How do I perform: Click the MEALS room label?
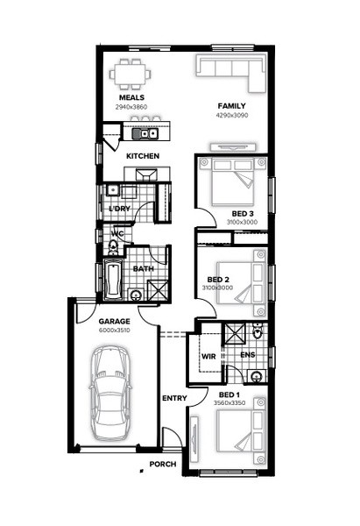131,97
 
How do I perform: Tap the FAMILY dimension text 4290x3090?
232,115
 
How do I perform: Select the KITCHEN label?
143,156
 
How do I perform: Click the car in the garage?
109,394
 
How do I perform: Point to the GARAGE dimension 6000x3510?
114,331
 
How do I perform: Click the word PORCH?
163,465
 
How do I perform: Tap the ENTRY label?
174,398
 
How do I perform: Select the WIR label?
208,356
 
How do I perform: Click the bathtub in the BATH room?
113,279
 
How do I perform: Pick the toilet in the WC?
113,247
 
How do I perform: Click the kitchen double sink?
145,133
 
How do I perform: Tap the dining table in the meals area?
130,74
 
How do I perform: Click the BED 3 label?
243,214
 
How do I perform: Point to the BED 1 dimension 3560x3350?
229,403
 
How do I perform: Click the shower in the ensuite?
234,334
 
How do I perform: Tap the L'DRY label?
120,209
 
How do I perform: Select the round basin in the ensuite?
257,376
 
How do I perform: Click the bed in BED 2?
242,283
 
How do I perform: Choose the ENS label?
248,354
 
